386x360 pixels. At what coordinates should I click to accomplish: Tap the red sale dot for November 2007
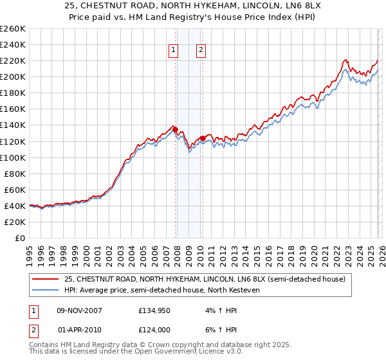point(176,129)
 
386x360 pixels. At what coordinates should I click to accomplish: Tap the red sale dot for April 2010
point(203,138)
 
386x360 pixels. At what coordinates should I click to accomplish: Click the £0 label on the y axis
point(19,238)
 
